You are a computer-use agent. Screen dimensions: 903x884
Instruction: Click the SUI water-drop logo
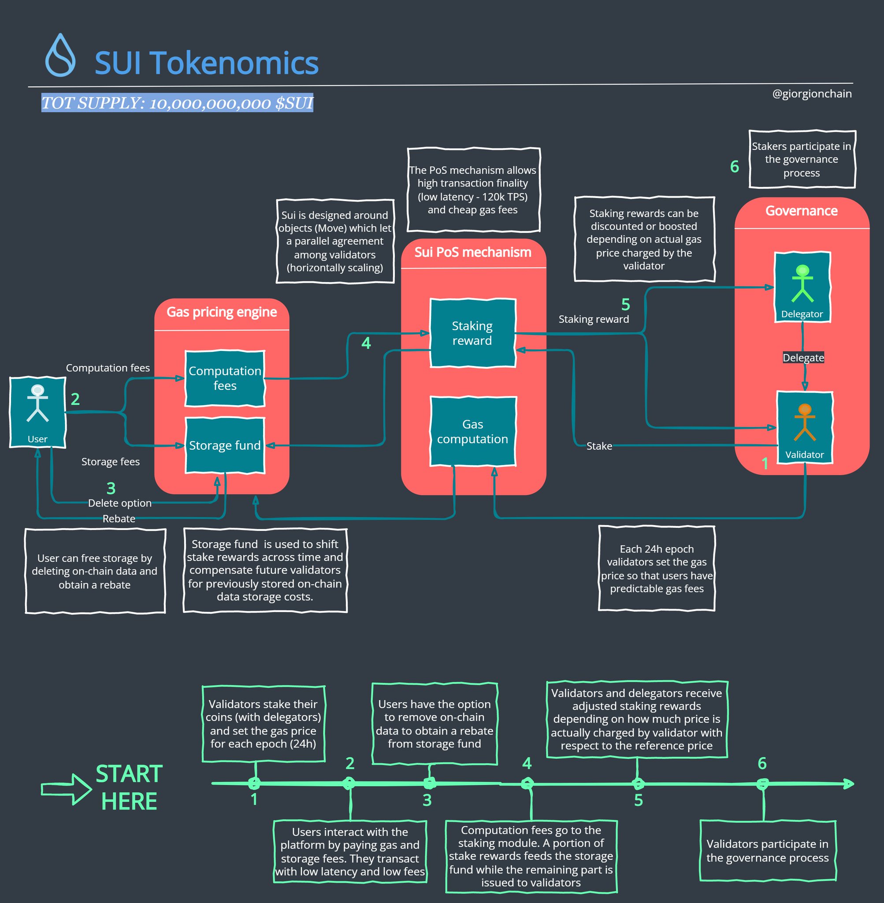[60, 56]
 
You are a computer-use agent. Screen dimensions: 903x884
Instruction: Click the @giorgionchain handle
[812, 94]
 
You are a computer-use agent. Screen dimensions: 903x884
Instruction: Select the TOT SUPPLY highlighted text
[177, 103]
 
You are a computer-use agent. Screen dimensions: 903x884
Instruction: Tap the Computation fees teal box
[225, 378]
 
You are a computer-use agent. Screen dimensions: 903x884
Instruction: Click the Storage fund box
[225, 445]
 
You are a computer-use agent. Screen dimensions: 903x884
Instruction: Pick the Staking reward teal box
[472, 333]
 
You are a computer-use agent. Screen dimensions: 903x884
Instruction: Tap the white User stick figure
[37, 403]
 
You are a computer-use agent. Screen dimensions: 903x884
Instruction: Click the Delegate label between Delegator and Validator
[803, 358]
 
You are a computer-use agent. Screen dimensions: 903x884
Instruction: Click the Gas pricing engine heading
[222, 312]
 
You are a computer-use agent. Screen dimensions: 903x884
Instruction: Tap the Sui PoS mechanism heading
[473, 252]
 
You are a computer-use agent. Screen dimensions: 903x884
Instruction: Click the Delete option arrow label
[120, 503]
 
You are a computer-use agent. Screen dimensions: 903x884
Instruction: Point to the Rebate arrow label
[119, 519]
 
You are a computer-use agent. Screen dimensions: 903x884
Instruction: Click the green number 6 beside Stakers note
[735, 166]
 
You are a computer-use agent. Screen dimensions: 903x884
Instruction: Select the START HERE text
[129, 788]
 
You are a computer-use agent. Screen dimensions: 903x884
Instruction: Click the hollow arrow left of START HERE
[66, 789]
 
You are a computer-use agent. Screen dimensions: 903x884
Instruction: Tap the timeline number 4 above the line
[527, 763]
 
